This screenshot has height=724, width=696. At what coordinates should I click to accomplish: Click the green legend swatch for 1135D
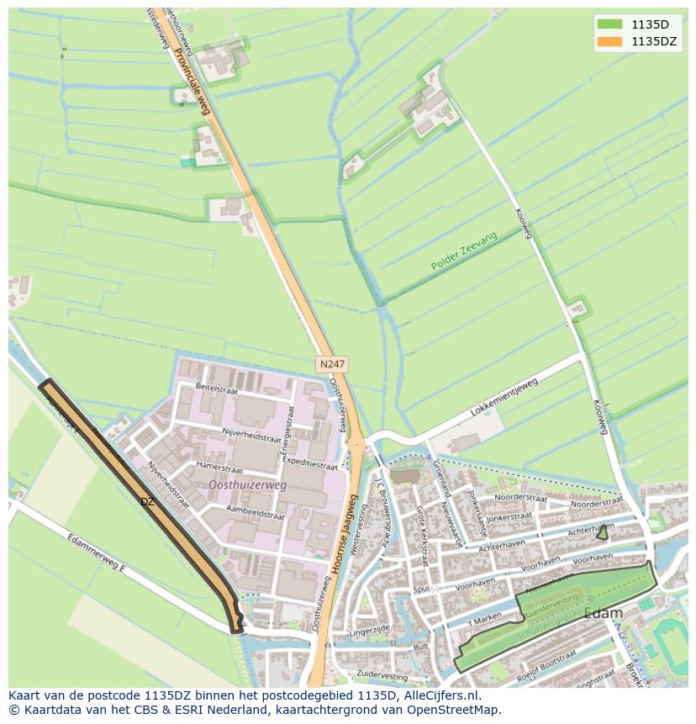[x=609, y=24]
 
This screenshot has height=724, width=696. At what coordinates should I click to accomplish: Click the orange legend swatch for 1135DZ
[x=609, y=41]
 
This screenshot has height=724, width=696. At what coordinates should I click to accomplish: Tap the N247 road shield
[x=332, y=364]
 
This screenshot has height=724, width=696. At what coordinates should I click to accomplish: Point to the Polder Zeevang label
[x=464, y=251]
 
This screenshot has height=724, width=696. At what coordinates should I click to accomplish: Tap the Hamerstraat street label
[x=219, y=464]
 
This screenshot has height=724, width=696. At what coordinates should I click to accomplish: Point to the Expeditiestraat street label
[x=310, y=462]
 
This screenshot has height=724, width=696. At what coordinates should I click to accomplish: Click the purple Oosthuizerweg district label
[x=247, y=485]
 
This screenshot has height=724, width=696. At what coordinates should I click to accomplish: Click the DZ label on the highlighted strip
[x=147, y=502]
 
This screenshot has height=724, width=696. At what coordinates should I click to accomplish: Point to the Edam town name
[x=604, y=613]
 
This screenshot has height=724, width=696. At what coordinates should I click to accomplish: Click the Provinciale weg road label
[x=192, y=80]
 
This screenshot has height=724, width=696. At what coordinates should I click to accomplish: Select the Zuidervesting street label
[x=382, y=674]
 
